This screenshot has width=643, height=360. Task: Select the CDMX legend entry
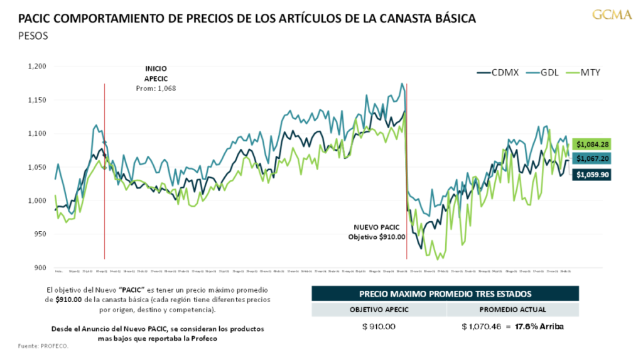click(501, 72)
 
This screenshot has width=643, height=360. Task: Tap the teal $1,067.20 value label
click(593, 160)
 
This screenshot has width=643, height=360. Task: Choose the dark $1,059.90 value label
click(593, 175)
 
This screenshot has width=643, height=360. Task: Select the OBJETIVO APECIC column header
click(379, 309)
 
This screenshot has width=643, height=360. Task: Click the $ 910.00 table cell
click(379, 327)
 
